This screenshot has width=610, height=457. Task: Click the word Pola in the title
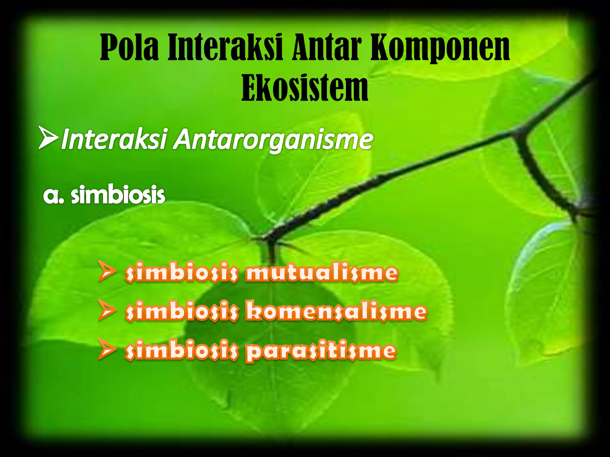click(129, 48)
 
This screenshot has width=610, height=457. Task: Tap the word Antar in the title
click(327, 48)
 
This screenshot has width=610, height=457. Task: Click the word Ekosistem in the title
click(305, 88)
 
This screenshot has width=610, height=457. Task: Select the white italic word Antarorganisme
click(273, 140)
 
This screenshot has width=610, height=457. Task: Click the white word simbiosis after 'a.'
click(118, 195)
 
